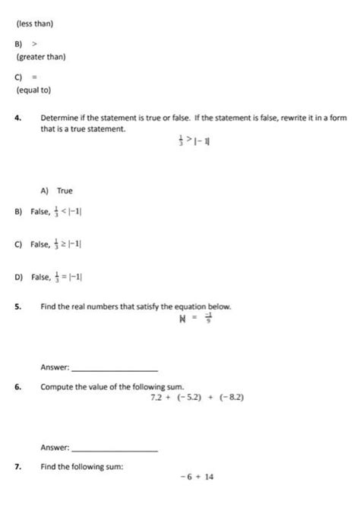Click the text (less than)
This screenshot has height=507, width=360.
point(34,24)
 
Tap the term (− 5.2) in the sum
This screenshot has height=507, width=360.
point(193,398)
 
